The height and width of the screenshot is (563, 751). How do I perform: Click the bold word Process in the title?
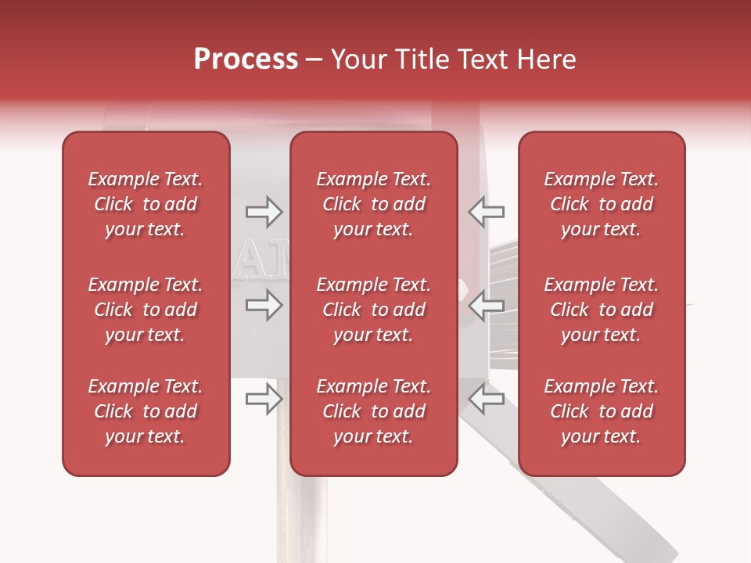[246, 59]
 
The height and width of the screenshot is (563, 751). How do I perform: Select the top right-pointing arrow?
[264, 211]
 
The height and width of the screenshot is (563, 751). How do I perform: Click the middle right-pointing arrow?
[264, 306]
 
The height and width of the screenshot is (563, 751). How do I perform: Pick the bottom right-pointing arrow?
[264, 400]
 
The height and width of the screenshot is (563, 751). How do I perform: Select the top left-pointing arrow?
[486, 211]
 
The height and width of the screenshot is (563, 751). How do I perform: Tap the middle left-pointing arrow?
[486, 306]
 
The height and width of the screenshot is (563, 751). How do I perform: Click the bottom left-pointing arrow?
[486, 400]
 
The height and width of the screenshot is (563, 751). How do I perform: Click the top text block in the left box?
[146, 204]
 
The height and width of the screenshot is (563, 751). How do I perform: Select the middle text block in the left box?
[146, 310]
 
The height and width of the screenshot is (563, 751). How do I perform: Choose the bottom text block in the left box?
[146, 411]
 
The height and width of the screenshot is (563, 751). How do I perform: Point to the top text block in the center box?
[374, 204]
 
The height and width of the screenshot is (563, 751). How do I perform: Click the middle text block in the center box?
[374, 310]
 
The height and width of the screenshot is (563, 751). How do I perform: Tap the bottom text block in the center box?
[374, 411]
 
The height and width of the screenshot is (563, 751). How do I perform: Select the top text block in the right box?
[602, 204]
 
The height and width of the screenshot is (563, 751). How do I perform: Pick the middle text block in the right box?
[602, 310]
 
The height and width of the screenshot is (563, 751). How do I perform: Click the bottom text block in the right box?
[602, 411]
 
